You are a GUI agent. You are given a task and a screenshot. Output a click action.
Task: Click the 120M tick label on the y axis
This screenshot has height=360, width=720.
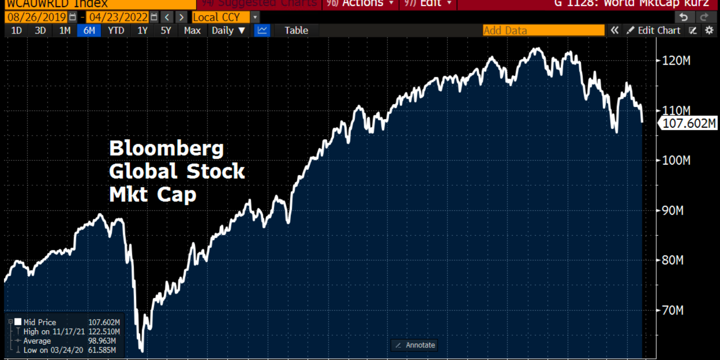click(x=675, y=61)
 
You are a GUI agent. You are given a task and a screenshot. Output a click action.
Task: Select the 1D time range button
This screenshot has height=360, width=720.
click(x=16, y=30)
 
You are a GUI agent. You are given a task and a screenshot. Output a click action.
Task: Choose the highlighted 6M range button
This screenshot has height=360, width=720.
click(x=89, y=30)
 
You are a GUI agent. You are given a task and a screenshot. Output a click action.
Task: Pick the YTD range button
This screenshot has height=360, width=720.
click(x=116, y=30)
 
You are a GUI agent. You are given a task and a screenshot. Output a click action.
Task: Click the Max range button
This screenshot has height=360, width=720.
click(x=192, y=30)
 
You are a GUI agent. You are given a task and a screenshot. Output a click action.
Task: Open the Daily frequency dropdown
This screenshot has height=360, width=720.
click(x=228, y=30)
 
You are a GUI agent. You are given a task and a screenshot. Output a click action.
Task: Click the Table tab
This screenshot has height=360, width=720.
click(x=296, y=30)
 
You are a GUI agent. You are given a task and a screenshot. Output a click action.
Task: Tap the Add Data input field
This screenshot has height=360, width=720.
click(x=543, y=30)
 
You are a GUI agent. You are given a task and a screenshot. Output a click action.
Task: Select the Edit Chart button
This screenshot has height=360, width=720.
click(x=654, y=30)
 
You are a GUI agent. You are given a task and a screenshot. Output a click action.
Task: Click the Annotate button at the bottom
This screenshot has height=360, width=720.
click(x=415, y=345)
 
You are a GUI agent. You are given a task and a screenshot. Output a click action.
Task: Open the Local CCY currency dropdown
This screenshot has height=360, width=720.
click(x=225, y=17)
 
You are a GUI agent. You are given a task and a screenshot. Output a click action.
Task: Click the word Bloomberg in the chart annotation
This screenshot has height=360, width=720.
click(x=166, y=149)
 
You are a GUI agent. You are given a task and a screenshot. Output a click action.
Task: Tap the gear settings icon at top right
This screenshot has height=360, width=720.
click(x=709, y=30)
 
